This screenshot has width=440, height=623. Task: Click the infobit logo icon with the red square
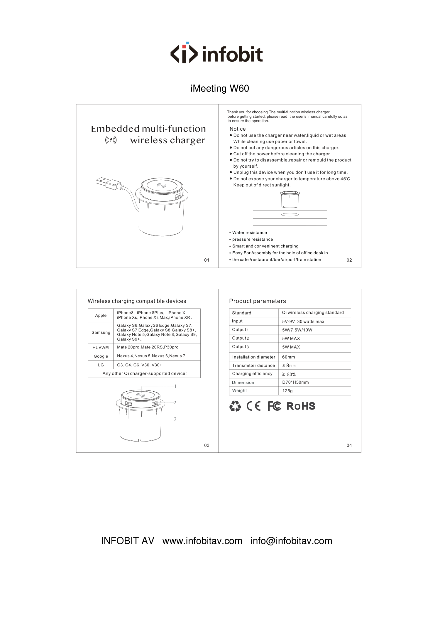click(184, 53)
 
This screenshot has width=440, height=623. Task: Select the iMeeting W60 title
click(220, 88)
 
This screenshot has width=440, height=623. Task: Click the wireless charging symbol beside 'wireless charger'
click(111, 140)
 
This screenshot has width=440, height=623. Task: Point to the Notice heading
click(238, 129)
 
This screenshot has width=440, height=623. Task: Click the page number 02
click(349, 260)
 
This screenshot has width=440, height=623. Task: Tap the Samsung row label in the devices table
click(101, 332)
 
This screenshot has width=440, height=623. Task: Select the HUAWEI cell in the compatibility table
click(101, 348)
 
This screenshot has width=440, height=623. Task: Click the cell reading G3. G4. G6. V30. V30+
click(139, 365)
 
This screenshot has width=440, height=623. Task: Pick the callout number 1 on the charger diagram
click(175, 386)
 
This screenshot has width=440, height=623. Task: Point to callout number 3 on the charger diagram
click(175, 419)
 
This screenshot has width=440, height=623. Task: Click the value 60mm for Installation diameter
click(288, 357)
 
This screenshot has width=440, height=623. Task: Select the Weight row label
click(239, 390)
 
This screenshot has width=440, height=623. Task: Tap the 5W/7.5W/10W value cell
click(297, 330)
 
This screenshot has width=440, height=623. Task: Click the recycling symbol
click(235, 406)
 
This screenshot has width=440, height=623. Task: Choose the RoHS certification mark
click(301, 406)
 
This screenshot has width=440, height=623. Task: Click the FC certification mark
click(274, 406)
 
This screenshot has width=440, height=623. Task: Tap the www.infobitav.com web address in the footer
click(202, 541)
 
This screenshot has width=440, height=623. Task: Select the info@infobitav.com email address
click(291, 541)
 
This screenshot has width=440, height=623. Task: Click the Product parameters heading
click(257, 301)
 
